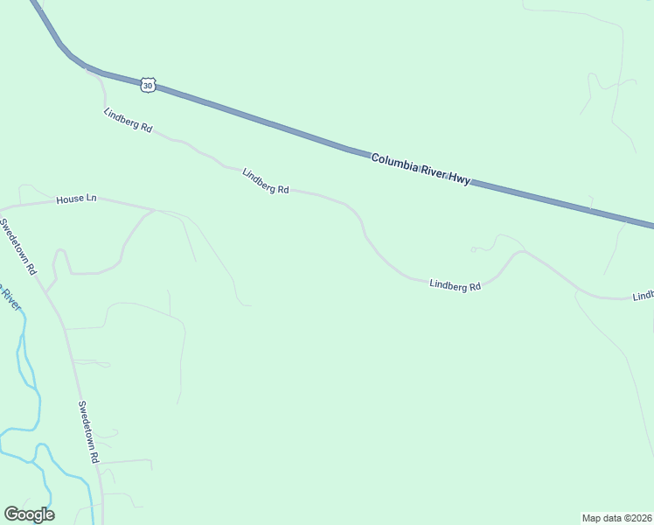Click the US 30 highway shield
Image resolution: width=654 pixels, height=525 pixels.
[148, 85]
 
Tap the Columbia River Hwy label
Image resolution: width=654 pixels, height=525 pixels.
[421, 169]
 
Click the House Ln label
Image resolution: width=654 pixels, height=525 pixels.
[76, 199]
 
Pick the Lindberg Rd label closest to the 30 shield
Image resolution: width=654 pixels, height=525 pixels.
[128, 121]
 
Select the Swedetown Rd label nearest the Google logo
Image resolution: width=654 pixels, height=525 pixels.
[88, 431]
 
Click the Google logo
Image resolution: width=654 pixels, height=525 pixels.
[29, 514]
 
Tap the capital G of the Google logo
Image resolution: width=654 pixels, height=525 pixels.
[11, 514]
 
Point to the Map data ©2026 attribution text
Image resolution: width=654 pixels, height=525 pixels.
[617, 517]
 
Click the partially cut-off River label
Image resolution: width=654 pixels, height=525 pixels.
[9, 298]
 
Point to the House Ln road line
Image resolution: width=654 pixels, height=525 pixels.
[122, 204]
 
